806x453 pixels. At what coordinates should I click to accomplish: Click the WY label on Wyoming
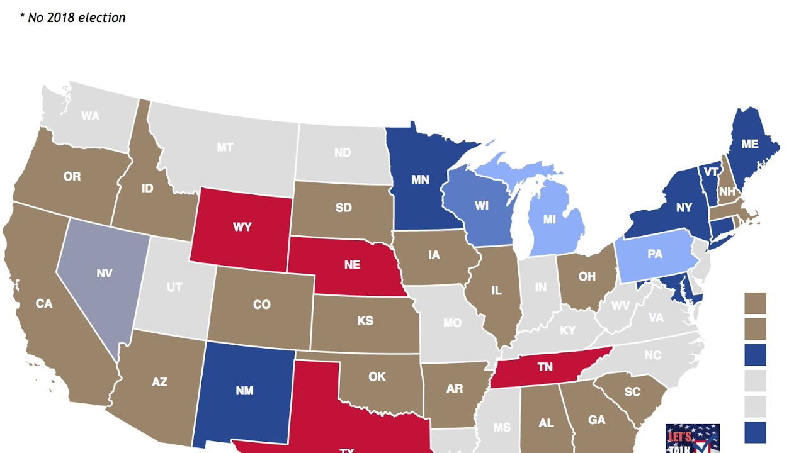coord(242,227)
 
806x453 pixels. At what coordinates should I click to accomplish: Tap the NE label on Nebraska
coord(352,265)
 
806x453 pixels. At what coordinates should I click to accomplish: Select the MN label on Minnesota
coord(420,180)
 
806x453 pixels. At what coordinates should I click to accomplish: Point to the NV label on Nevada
coord(105,274)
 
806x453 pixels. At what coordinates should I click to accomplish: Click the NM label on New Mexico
coord(244,391)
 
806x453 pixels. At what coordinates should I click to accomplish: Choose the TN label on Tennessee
coord(545,367)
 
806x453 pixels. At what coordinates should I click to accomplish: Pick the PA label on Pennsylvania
coord(655,254)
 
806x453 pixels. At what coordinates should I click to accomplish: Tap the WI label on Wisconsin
coord(482,206)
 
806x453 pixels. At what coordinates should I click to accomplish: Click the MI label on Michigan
coord(550,220)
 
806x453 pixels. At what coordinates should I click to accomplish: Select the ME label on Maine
coord(749,144)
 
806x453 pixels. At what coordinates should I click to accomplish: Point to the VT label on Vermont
coord(712,172)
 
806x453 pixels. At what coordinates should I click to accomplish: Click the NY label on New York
coord(684,208)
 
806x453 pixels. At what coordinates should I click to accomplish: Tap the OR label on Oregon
coord(72,177)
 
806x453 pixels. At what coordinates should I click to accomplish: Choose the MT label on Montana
coord(225,148)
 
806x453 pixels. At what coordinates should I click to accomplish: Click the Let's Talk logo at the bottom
coord(693,439)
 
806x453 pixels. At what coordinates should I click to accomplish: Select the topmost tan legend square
coord(755,303)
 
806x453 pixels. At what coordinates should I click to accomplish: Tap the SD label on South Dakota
coord(344,208)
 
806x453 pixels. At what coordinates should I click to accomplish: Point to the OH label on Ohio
coord(587,277)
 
